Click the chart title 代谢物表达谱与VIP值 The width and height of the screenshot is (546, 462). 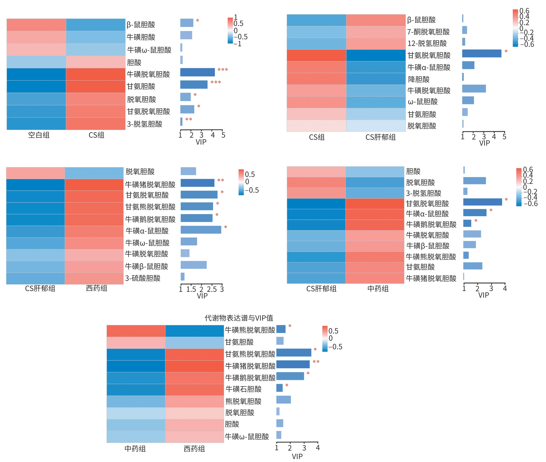click(x=239, y=318)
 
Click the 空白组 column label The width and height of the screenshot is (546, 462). click(x=39, y=135)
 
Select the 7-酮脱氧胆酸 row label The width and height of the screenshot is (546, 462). click(x=428, y=32)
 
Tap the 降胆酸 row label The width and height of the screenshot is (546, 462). click(x=419, y=79)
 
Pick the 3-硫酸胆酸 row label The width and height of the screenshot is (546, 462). click(x=143, y=278)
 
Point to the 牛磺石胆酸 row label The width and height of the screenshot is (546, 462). click(x=243, y=389)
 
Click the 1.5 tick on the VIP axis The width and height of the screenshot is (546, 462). click(x=191, y=289)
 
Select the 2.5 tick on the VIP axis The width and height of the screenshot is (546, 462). click(x=212, y=289)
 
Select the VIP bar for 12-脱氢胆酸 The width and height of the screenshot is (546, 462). click(x=464, y=42)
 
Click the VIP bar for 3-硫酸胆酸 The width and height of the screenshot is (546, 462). click(x=183, y=277)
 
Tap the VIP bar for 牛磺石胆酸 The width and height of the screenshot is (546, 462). click(x=280, y=388)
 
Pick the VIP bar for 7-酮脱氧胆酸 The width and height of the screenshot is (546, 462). click(x=464, y=30)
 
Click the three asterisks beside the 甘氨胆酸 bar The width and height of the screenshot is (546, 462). click(x=216, y=82)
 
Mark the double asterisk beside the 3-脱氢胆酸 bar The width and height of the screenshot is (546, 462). click(x=189, y=119)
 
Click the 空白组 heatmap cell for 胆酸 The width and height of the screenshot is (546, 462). click(x=36, y=62)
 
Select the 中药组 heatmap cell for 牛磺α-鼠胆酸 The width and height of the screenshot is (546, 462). click(x=375, y=214)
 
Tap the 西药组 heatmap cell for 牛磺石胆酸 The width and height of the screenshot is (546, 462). click(x=195, y=390)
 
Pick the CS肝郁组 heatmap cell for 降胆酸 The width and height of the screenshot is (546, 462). click(x=376, y=79)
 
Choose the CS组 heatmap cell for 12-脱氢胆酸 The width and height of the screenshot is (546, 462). click(x=316, y=44)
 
